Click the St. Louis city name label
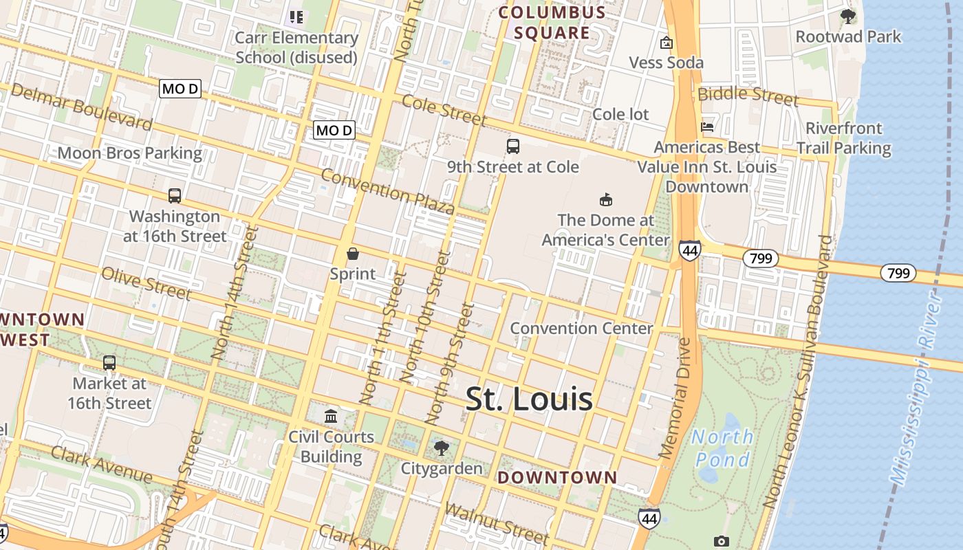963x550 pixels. (x=529, y=399)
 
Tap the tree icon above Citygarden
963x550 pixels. (x=442, y=448)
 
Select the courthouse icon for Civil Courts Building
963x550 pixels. (x=331, y=416)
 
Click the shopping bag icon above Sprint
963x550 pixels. (x=353, y=254)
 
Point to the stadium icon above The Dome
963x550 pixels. (x=606, y=200)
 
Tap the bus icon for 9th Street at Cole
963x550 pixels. (x=513, y=146)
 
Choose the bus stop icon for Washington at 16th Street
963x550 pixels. (x=175, y=196)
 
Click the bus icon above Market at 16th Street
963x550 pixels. (x=109, y=362)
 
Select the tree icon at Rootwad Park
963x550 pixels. (x=848, y=16)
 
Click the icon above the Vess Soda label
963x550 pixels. (x=666, y=43)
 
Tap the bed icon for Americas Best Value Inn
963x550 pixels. (x=707, y=126)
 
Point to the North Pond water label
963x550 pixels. (x=722, y=448)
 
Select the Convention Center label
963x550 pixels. (x=581, y=328)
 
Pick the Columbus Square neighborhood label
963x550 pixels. (x=552, y=22)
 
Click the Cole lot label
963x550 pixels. (x=620, y=114)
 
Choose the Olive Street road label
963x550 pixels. (x=146, y=283)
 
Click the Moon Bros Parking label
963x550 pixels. (x=129, y=153)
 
